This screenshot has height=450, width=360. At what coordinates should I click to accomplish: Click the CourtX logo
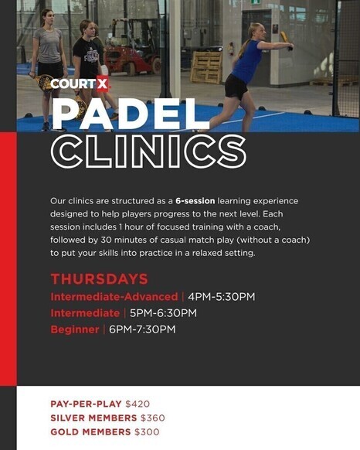coord(80,84)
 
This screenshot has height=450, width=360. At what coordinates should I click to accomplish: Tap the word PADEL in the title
coord(131,114)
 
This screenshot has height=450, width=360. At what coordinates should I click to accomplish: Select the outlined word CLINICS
coord(148,151)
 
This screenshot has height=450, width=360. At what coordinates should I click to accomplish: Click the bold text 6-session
coord(195,201)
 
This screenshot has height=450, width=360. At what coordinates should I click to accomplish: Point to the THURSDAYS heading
coord(99,279)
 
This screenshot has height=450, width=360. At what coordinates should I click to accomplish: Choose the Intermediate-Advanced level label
coord(114,297)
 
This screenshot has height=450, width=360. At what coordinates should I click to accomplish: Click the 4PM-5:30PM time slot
coord(222,297)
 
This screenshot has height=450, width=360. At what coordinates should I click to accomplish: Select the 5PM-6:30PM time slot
coord(163,313)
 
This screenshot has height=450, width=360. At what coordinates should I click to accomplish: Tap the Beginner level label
coord(75,329)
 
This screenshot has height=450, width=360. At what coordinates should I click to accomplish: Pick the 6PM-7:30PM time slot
coord(142,329)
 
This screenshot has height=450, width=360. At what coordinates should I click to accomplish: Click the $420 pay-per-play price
coord(138,404)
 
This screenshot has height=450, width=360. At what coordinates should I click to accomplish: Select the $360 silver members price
coord(153,418)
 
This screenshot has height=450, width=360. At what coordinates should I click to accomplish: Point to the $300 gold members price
coord(147,432)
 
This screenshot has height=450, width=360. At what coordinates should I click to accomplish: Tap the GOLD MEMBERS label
coord(90,432)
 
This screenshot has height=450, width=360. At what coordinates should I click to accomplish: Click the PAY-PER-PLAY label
coord(86,404)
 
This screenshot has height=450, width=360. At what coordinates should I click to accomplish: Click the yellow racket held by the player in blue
coord(286,39)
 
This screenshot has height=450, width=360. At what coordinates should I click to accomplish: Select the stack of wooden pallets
coord(206,67)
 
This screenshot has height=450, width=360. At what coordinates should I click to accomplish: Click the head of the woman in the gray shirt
coord(47,18)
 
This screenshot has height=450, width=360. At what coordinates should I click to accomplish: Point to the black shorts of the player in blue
coord(236,87)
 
